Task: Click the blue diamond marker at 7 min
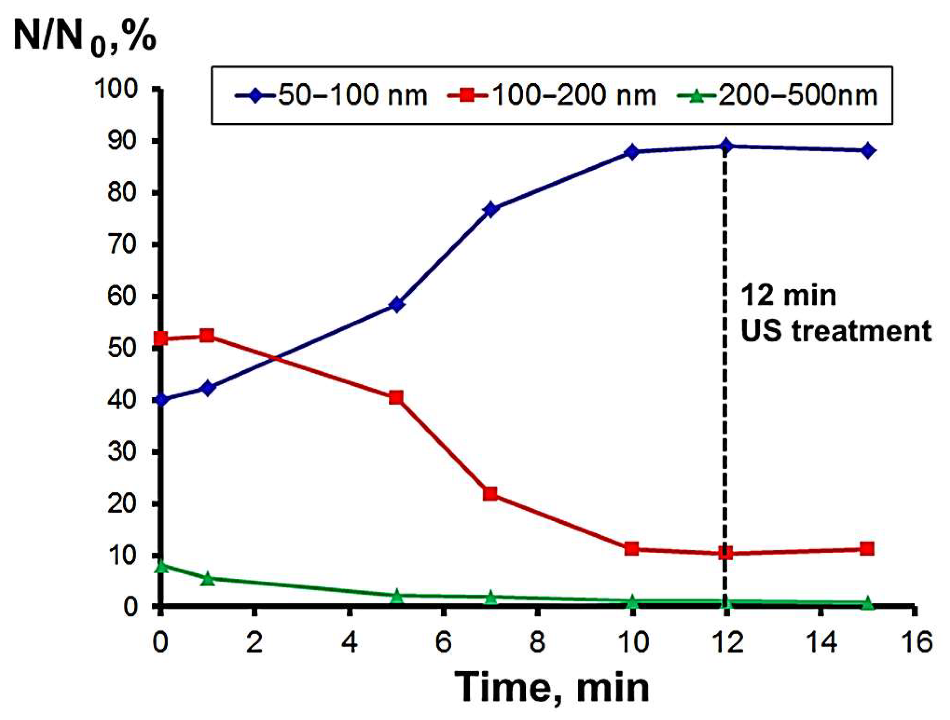pos(491,209)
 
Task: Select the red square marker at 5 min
pos(396,398)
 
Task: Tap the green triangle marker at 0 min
pos(161,567)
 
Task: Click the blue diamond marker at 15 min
pos(867,150)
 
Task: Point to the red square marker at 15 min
pos(867,549)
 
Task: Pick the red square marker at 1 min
pos(208,336)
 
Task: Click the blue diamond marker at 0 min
pos(161,400)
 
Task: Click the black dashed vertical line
pos(725,387)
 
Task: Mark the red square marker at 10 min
pos(632,549)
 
